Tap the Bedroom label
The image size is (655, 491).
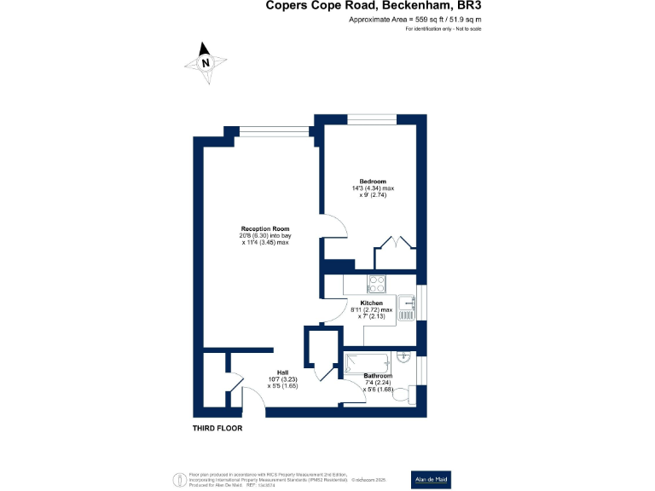tap(373, 182)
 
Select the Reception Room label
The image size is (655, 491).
tap(265, 228)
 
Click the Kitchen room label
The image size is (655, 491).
tap(371, 303)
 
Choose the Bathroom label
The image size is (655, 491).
tap(378, 376)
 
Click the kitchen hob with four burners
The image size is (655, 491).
tap(377, 284)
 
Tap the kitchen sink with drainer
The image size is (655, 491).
tap(407, 308)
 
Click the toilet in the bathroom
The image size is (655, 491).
tap(415, 394)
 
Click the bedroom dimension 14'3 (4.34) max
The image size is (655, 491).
tap(373, 188)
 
